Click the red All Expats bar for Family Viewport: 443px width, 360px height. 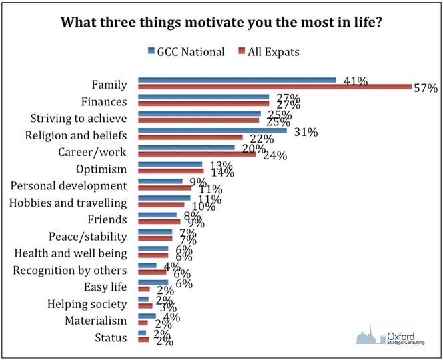[274, 87]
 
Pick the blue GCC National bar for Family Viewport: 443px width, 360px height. [236, 80]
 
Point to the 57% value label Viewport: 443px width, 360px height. [424, 88]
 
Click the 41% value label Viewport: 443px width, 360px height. [356, 81]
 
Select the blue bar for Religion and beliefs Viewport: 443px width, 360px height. [212, 131]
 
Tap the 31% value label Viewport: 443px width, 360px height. [306, 132]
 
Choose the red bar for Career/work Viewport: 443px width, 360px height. [197, 155]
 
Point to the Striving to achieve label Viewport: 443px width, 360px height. [79, 118]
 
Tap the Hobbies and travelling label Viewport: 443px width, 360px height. [68, 202]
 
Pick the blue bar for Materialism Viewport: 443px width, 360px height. [147, 316]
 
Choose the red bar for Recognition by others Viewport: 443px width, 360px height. [152, 271]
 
